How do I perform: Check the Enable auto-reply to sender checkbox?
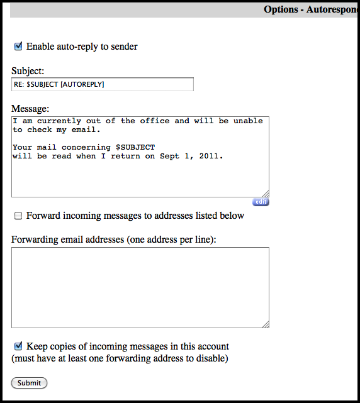(18, 46)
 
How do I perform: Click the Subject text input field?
(102, 84)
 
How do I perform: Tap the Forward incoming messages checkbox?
(18, 216)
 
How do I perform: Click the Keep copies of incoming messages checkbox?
(18, 346)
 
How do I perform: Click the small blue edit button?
(261, 202)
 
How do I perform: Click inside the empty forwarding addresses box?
(140, 287)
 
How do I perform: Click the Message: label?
(30, 109)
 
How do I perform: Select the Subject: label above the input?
(28, 71)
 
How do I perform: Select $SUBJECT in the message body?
(135, 147)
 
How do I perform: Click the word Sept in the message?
(168, 156)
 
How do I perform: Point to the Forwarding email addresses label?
(113, 240)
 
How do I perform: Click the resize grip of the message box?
(266, 194)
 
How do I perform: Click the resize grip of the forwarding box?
(266, 324)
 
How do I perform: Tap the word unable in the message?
(248, 121)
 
